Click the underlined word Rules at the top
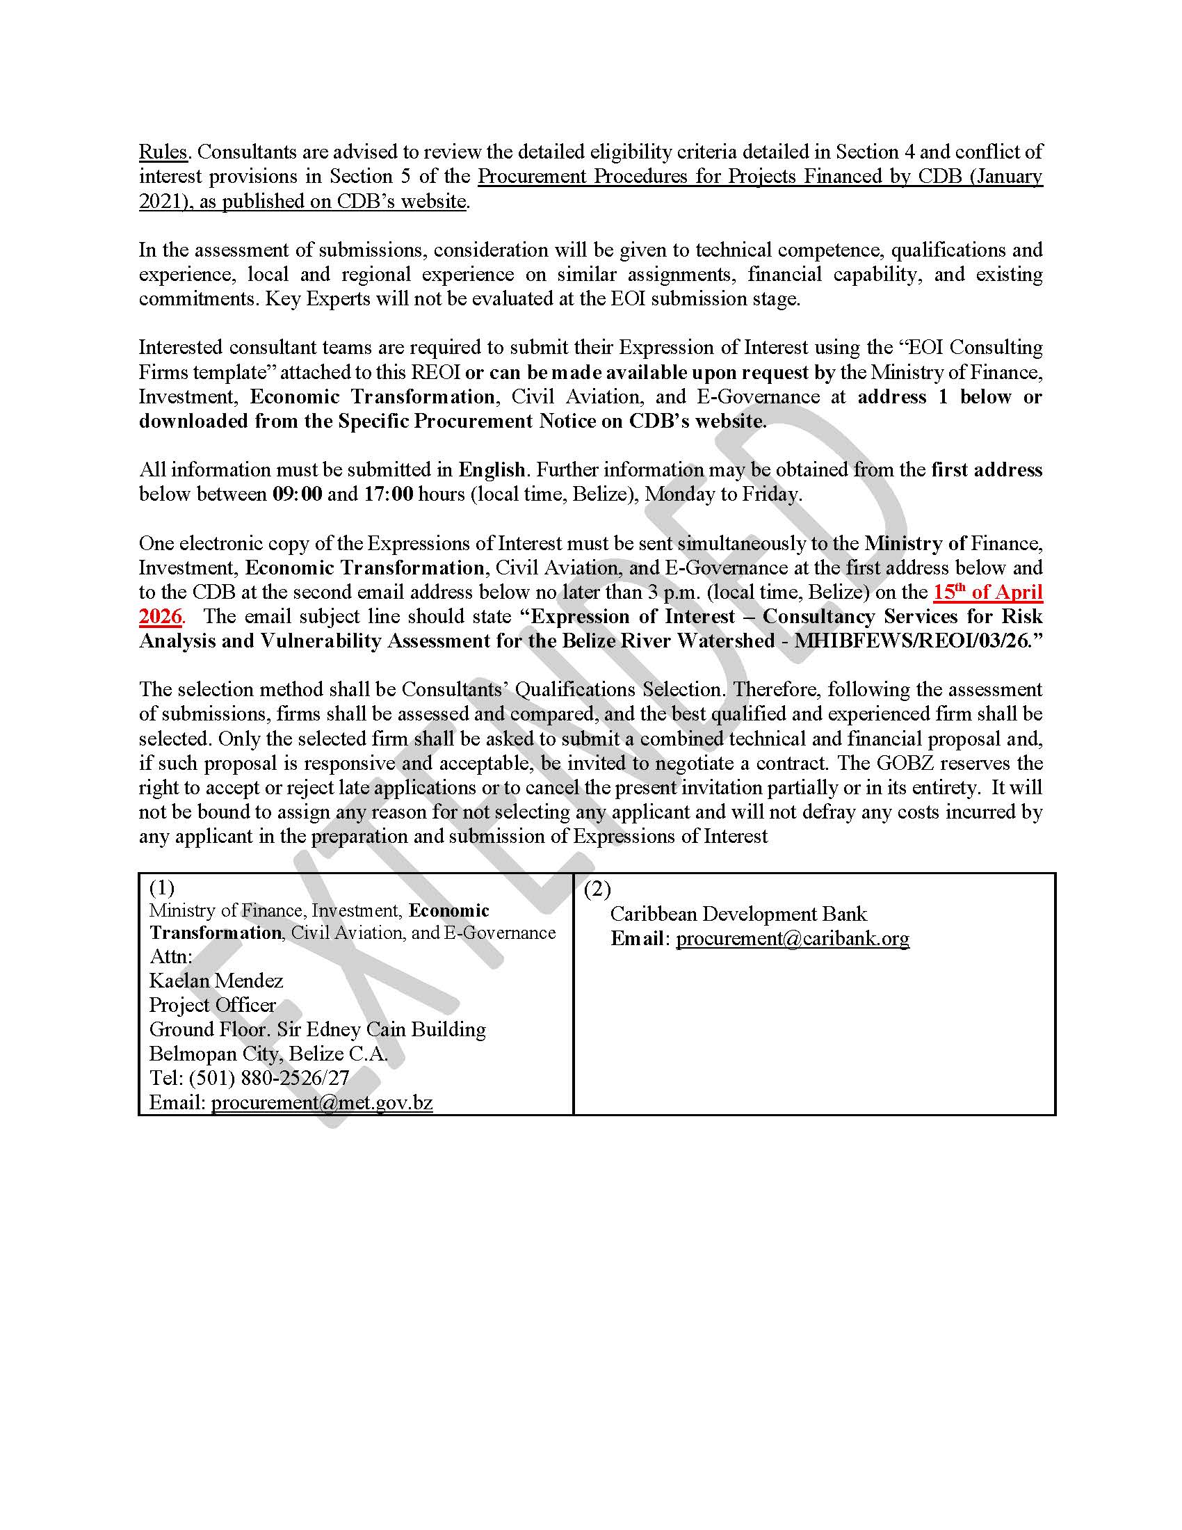(x=163, y=152)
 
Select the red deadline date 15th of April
(x=987, y=592)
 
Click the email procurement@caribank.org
(x=792, y=938)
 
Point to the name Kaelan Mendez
(x=216, y=980)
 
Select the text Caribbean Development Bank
(x=738, y=914)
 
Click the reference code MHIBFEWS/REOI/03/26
(x=910, y=641)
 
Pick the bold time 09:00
(x=297, y=494)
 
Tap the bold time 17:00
(x=388, y=494)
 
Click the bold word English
(x=492, y=469)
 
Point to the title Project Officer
(x=212, y=1005)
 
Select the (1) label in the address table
(x=162, y=887)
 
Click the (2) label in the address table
(x=597, y=889)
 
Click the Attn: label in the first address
(x=170, y=956)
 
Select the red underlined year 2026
(x=161, y=616)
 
